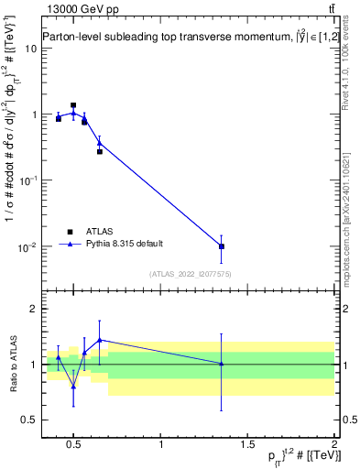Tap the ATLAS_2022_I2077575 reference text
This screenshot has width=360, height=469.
[191, 274]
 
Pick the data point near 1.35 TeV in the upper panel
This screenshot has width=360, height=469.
[221, 246]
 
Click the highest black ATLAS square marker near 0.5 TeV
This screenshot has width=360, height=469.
[73, 105]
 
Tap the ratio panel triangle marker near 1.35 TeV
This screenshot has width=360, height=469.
[221, 364]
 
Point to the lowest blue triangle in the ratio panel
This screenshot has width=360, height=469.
[73, 387]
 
